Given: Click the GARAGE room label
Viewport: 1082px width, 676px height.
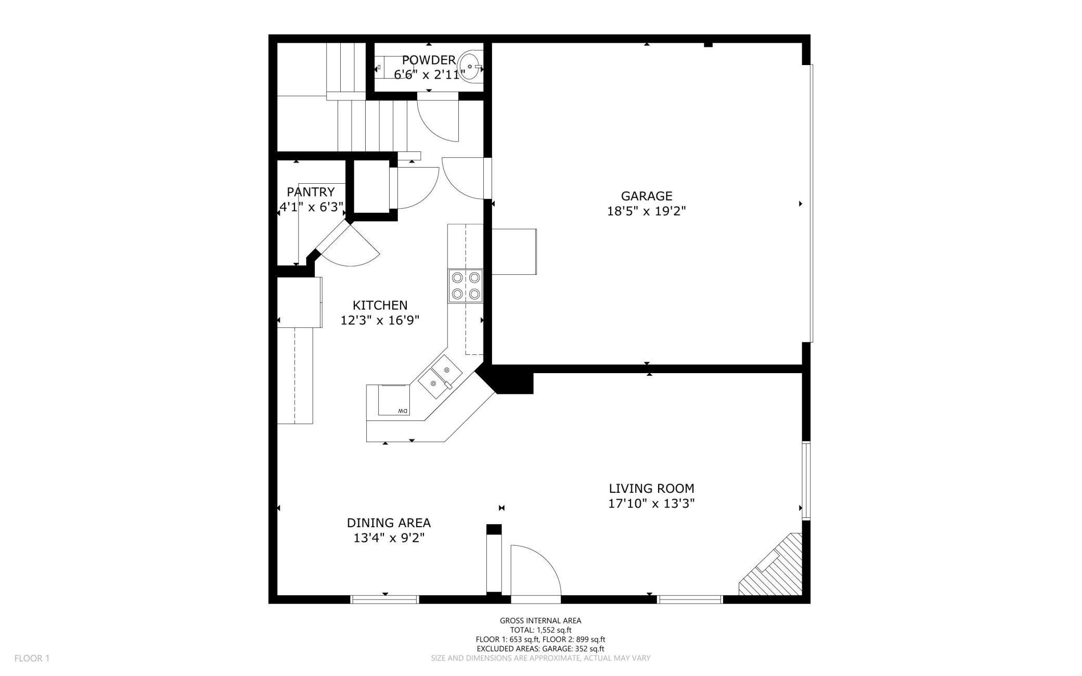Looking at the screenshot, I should click(x=646, y=196).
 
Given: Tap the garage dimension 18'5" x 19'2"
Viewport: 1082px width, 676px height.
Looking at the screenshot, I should click(x=646, y=211).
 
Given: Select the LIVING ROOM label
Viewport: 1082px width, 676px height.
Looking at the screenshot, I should click(x=651, y=489).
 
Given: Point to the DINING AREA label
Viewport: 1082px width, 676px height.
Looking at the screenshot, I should click(x=389, y=522).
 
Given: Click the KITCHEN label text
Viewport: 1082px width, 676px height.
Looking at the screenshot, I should click(x=380, y=305).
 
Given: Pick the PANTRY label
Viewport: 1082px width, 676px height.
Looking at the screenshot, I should click(x=311, y=192).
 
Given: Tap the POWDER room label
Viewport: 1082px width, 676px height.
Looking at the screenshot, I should click(x=429, y=60).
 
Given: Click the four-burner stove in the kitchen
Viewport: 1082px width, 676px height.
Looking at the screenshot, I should click(x=466, y=286).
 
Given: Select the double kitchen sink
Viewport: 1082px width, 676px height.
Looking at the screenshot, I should click(x=440, y=378).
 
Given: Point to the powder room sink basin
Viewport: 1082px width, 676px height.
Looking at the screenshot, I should click(x=470, y=67).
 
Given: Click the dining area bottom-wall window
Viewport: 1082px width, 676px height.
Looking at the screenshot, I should click(x=384, y=600).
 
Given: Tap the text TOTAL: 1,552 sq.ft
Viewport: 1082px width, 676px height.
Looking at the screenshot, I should click(x=540, y=630).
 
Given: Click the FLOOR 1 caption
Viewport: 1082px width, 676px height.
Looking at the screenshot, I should click(x=32, y=658).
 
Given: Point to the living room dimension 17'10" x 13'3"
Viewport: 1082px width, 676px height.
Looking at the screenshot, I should click(x=651, y=504).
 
